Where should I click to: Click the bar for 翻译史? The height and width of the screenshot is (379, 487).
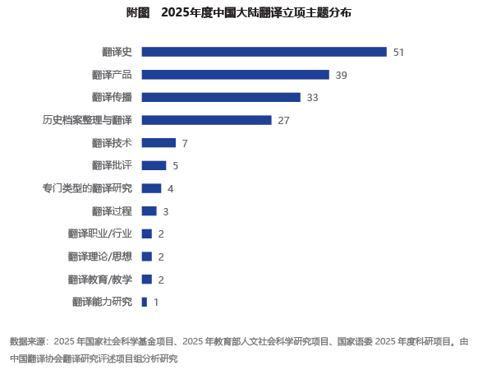pos(264,52)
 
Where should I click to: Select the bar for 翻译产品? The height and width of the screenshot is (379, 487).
pos(236,75)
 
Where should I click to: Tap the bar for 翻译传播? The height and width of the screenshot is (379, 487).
pos(221,97)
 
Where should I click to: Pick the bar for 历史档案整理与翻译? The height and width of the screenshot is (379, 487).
pos(206,120)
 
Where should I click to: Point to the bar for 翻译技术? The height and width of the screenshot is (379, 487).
pos(159,143)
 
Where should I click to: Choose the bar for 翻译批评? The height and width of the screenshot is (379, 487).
pos(154,165)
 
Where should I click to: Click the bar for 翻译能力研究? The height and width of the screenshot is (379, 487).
pos(145,302)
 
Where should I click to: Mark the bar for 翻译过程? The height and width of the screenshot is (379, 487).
pos(149,210)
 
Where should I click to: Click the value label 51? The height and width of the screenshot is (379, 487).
pos(398,53)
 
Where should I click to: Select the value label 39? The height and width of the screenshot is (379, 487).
pos(342,76)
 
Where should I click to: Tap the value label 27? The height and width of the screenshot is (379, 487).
pos(283,121)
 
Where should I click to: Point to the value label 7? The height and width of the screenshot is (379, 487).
pos(185,143)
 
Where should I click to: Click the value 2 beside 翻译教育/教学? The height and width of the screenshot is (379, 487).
pos(161,280)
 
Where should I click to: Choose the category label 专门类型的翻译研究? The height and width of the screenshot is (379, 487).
pos(87,188)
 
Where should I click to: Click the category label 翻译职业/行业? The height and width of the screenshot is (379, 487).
pos(100,233)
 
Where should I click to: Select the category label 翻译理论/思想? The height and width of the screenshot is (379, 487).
pos(100,257)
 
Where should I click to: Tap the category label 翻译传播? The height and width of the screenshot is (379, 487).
pos(112,97)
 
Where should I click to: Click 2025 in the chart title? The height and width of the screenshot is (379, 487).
pos(175,13)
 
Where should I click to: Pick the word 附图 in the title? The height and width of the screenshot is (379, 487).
pos(138,13)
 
